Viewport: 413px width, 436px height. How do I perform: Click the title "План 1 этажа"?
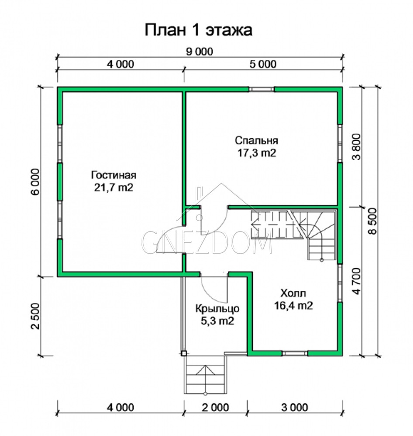pos(198,30)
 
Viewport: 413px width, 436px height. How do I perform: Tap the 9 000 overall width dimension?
pos(200,51)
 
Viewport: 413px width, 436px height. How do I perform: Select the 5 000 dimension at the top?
pos(263,64)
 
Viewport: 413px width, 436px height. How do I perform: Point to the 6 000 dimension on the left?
pos(36,181)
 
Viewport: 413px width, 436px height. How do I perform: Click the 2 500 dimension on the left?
pos(36,316)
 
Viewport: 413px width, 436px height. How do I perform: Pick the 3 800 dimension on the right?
pos(356,147)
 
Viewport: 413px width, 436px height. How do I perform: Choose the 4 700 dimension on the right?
pos(356,281)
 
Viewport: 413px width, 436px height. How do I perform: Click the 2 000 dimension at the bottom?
pos(215,408)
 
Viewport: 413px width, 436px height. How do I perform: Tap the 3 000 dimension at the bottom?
pos(295,408)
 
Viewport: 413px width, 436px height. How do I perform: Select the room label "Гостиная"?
pos(114,175)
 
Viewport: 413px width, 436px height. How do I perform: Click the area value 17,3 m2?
pos(257,153)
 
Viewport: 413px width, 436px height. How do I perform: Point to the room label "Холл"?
pos(293,293)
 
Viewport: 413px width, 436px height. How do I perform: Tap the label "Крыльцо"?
pos(217,309)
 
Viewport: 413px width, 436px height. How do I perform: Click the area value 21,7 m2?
pos(114,187)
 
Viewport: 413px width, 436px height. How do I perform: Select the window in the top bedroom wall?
pos(262,89)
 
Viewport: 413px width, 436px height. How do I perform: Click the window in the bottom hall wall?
pos(295,354)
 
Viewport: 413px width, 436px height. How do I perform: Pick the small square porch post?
pos(183,354)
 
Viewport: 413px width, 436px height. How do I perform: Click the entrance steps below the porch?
pos(206,375)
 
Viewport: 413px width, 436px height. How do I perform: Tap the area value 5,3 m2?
pos(217,321)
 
